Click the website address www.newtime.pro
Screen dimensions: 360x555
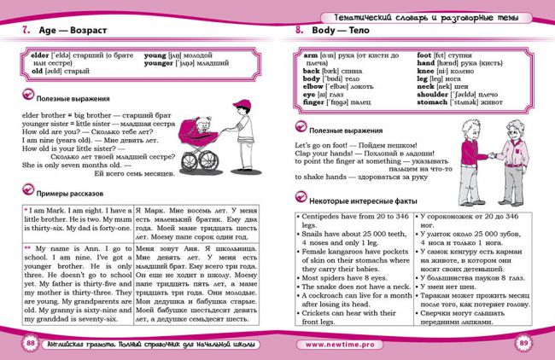click(341, 343)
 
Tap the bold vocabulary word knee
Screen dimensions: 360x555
click(424, 71)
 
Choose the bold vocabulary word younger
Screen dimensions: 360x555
click(160, 62)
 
